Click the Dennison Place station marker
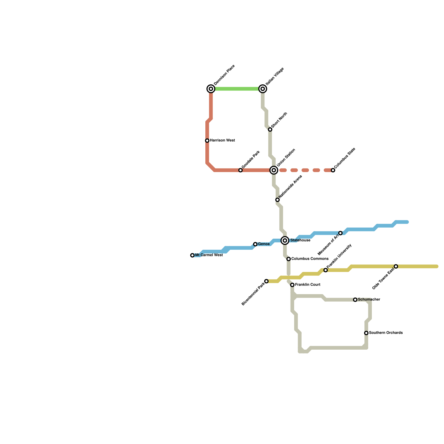click(x=211, y=89)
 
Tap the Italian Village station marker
click(x=263, y=89)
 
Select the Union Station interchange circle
click(x=274, y=170)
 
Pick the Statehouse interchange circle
click(x=285, y=240)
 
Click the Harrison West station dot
click(x=207, y=141)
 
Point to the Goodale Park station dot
click(x=241, y=170)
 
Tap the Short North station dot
click(x=270, y=130)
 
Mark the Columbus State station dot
click(x=333, y=170)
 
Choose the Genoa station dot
click(x=255, y=244)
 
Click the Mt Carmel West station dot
click(x=192, y=255)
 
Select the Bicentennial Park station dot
click(x=266, y=281)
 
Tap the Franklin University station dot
click(x=326, y=270)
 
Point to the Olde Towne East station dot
click(x=396, y=266)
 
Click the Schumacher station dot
click(x=355, y=300)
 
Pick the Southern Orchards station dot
click(x=366, y=333)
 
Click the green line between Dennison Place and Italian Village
click(x=237, y=89)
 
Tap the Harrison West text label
click(x=222, y=140)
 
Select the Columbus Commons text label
click(x=310, y=259)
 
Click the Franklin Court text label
click(x=307, y=285)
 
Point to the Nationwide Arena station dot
click(x=277, y=200)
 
